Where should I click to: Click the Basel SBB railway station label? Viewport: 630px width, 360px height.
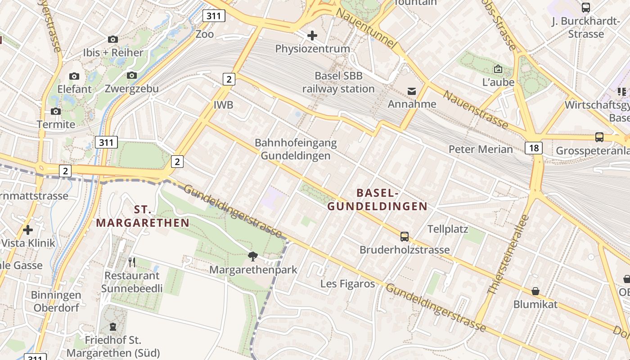click(338, 82)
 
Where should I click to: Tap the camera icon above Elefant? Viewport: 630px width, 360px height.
click(74, 76)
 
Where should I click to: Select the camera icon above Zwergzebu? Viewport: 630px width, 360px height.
click(132, 75)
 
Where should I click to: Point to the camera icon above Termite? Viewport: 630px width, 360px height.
click(56, 111)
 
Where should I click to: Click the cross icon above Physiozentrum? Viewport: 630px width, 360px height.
click(312, 35)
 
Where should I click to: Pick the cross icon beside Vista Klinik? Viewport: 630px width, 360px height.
click(28, 230)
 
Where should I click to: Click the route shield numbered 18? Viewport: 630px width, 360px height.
click(533, 148)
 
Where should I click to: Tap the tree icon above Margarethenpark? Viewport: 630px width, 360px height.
click(253, 256)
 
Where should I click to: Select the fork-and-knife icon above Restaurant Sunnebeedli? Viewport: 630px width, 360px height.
click(132, 262)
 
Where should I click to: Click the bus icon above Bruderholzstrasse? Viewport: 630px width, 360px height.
click(405, 236)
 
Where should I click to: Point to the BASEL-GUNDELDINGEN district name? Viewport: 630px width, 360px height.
click(377, 199)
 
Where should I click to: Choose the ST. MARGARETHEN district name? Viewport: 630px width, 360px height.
click(143, 216)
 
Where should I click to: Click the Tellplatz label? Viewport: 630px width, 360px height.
click(448, 229)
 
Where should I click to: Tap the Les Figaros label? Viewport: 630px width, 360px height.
click(347, 283)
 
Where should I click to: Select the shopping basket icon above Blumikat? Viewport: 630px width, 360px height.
click(535, 291)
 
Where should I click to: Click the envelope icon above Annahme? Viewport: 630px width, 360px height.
click(412, 91)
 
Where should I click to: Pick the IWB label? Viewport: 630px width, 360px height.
click(224, 105)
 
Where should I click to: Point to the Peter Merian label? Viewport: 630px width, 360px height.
click(481, 149)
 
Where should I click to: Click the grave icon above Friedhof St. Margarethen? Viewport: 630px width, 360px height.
click(113, 326)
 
